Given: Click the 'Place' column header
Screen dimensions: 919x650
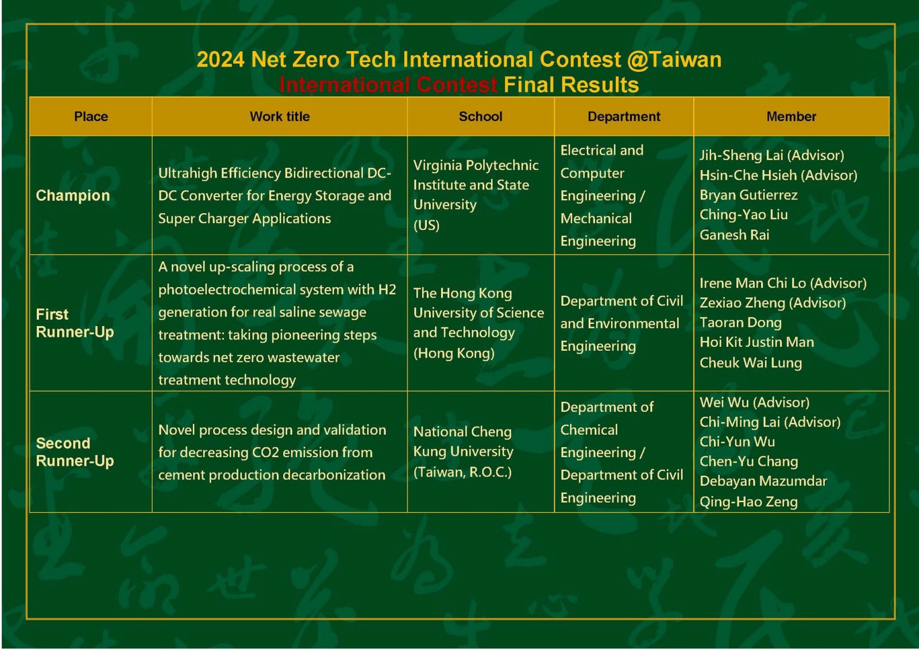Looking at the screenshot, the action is click(91, 117).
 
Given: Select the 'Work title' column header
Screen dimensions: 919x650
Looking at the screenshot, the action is click(280, 117).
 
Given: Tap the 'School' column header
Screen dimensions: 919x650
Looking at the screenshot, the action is click(480, 117).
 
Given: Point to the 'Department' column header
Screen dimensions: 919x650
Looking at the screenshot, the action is click(624, 117).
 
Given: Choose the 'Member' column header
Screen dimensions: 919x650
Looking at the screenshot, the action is click(791, 117).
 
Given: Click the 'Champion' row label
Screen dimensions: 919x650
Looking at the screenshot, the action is click(73, 196).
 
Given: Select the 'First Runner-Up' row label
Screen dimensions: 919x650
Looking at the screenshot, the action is click(75, 323).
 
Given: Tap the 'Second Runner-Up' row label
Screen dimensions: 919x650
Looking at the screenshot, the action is click(75, 452).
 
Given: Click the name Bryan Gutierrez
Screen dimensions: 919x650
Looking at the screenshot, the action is click(749, 195).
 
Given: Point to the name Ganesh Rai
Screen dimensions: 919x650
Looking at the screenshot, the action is click(735, 235).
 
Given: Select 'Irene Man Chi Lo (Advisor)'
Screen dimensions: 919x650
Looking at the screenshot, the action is click(783, 283).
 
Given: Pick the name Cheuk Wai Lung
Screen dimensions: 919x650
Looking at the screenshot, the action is click(751, 362).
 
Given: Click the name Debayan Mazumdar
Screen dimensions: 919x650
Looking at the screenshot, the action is click(763, 481).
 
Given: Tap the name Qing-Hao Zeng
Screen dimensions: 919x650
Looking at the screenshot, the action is click(749, 501).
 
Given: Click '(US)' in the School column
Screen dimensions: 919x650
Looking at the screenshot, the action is click(426, 225).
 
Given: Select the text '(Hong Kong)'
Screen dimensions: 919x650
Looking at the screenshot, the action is click(454, 353).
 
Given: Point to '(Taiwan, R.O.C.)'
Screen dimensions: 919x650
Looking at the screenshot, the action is click(463, 472).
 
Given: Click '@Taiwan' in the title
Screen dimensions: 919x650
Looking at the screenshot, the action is click(674, 60).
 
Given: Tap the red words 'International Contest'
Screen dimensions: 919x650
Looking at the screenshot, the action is click(388, 86).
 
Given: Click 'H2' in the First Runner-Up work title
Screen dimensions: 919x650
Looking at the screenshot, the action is click(387, 289).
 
